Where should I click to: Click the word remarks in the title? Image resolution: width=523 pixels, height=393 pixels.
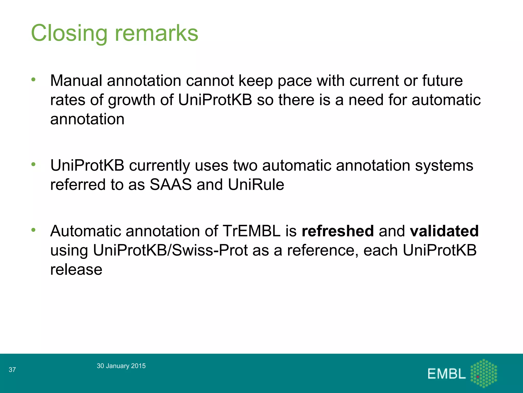[156, 33]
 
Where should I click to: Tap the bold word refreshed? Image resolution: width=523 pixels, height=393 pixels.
[338, 231]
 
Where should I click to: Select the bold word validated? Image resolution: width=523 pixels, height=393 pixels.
[444, 231]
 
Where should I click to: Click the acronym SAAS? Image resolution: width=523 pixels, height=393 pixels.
[171, 184]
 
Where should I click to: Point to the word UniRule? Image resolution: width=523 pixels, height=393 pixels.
[256, 184]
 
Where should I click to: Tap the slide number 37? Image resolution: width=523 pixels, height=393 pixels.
[12, 370]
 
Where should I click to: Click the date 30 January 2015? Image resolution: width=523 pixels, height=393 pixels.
[121, 366]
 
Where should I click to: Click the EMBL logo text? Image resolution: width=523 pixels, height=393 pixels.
[446, 374]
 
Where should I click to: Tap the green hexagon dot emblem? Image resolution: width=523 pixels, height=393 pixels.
[484, 373]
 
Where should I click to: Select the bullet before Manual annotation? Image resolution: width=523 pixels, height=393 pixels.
[33, 80]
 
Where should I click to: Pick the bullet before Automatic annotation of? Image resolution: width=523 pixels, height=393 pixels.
[33, 230]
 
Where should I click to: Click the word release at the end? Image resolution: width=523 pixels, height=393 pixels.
[76, 269]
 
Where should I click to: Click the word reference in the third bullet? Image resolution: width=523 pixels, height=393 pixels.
[323, 250]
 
